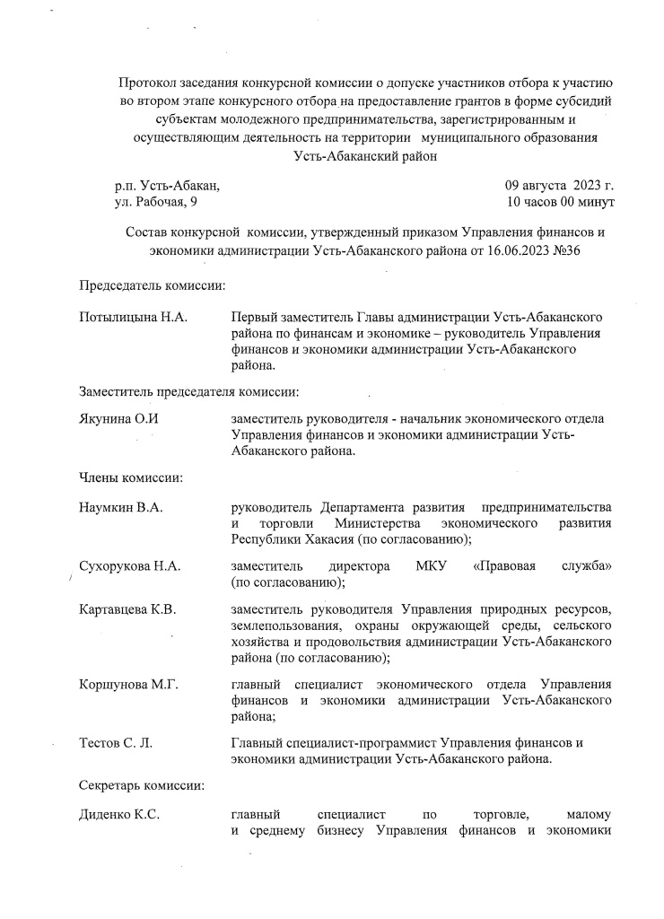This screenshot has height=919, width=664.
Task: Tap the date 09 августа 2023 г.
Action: pyautogui.click(x=560, y=186)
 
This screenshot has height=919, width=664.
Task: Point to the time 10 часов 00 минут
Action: pyautogui.click(x=560, y=203)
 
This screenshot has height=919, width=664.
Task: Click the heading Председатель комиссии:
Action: pyautogui.click(x=152, y=285)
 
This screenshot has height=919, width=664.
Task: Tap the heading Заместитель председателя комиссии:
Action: pyautogui.click(x=189, y=391)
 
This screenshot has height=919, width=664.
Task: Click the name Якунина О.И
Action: pyautogui.click(x=119, y=419)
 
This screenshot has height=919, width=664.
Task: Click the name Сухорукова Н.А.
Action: pyautogui.click(x=130, y=566)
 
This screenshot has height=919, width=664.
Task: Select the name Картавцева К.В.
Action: pyautogui.click(x=127, y=609)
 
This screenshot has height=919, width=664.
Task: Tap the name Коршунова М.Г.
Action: pyautogui.click(x=129, y=685)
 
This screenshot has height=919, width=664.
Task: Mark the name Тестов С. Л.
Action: pyautogui.click(x=116, y=743)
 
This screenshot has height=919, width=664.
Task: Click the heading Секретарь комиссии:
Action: pyautogui.click(x=142, y=785)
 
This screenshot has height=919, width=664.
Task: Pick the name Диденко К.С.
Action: pyautogui.click(x=119, y=814)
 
